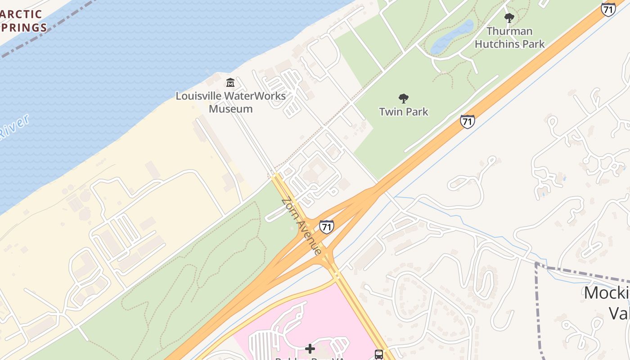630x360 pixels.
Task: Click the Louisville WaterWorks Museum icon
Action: (230, 83)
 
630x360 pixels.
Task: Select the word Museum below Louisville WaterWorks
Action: (230, 109)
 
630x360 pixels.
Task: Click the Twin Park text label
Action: (404, 112)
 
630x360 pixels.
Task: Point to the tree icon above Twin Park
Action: (404, 99)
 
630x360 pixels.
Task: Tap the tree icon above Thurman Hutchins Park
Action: (509, 18)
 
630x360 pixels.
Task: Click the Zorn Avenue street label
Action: (301, 226)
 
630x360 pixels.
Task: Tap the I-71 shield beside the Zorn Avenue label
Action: (327, 226)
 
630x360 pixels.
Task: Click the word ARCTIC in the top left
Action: (21, 14)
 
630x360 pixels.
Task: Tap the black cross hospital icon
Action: (310, 349)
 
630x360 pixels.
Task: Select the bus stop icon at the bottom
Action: (379, 354)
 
